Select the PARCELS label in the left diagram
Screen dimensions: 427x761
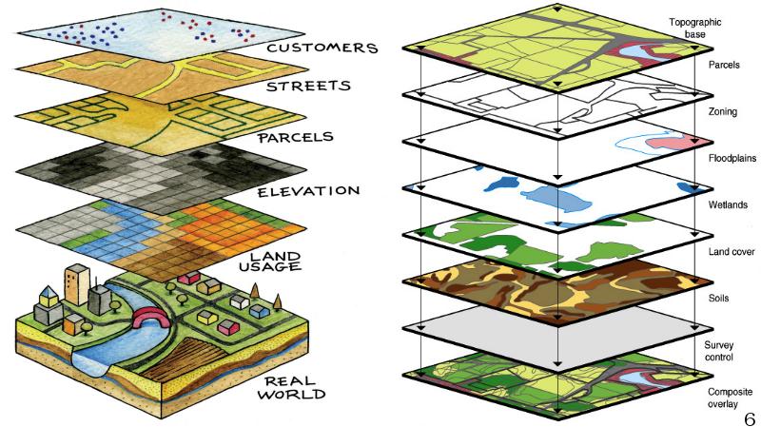click(295, 136)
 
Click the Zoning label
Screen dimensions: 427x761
click(722, 111)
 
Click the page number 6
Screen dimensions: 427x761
click(750, 414)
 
